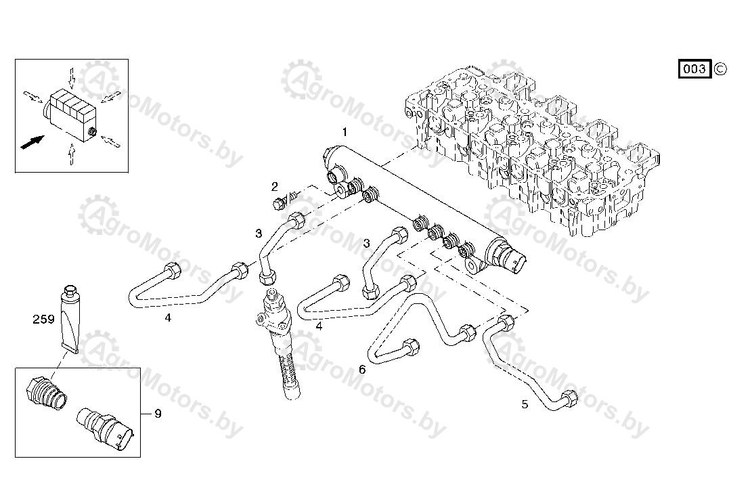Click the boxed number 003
coord(694,69)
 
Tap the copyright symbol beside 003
coord(720,69)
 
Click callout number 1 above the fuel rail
coord(345,132)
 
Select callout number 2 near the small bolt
coord(275,187)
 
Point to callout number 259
coord(43,319)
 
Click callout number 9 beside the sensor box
coord(158,413)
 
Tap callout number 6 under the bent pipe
coord(362,370)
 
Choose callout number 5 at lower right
coord(525,404)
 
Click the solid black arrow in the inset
coord(32,141)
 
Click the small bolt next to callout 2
coord(279,202)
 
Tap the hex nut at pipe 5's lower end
coord(569,398)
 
